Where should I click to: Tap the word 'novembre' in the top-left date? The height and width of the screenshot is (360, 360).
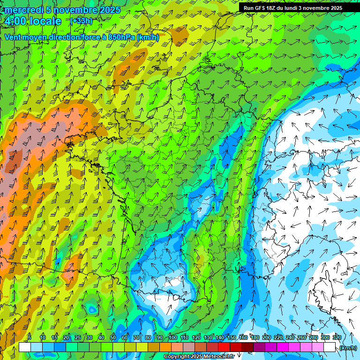[75, 10]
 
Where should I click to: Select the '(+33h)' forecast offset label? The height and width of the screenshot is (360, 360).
[81, 21]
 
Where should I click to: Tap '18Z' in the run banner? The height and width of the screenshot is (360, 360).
[274, 8]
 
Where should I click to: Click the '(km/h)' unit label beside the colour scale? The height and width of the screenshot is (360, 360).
[347, 348]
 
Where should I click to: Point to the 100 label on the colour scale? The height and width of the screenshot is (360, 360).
[172, 337]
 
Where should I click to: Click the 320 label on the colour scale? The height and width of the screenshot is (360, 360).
[337, 337]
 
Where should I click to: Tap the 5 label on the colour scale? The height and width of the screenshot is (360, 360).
[30, 337]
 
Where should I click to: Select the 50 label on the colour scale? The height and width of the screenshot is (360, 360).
[113, 337]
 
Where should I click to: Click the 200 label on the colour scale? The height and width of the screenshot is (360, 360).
[266, 337]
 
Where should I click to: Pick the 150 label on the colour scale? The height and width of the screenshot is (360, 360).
[231, 337]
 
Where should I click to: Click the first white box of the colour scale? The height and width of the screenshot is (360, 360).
[25, 347]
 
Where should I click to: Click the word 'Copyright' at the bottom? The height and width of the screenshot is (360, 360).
[177, 357]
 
